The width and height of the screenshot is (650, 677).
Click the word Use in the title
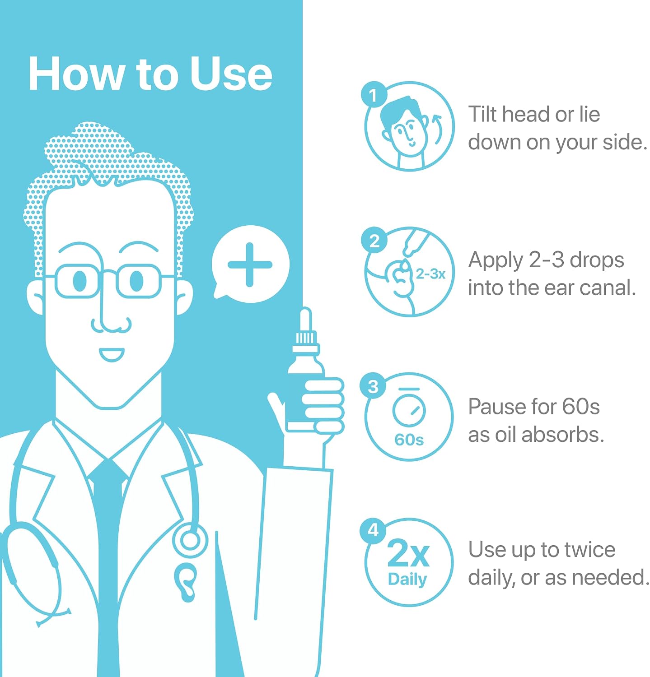point(231,74)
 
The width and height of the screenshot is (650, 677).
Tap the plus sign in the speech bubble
point(250,265)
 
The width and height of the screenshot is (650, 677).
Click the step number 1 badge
point(373,95)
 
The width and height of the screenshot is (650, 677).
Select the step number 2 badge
point(374,241)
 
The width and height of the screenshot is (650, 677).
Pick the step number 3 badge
point(373,386)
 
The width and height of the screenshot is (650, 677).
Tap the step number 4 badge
point(373,530)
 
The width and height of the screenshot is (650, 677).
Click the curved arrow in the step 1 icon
point(438,129)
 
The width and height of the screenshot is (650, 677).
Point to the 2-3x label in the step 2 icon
point(430,274)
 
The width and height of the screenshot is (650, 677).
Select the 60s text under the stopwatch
point(409,440)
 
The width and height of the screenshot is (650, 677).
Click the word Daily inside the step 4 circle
point(407,580)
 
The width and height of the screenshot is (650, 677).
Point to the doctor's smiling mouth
point(111,354)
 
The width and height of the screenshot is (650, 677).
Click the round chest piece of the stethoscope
point(190,540)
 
